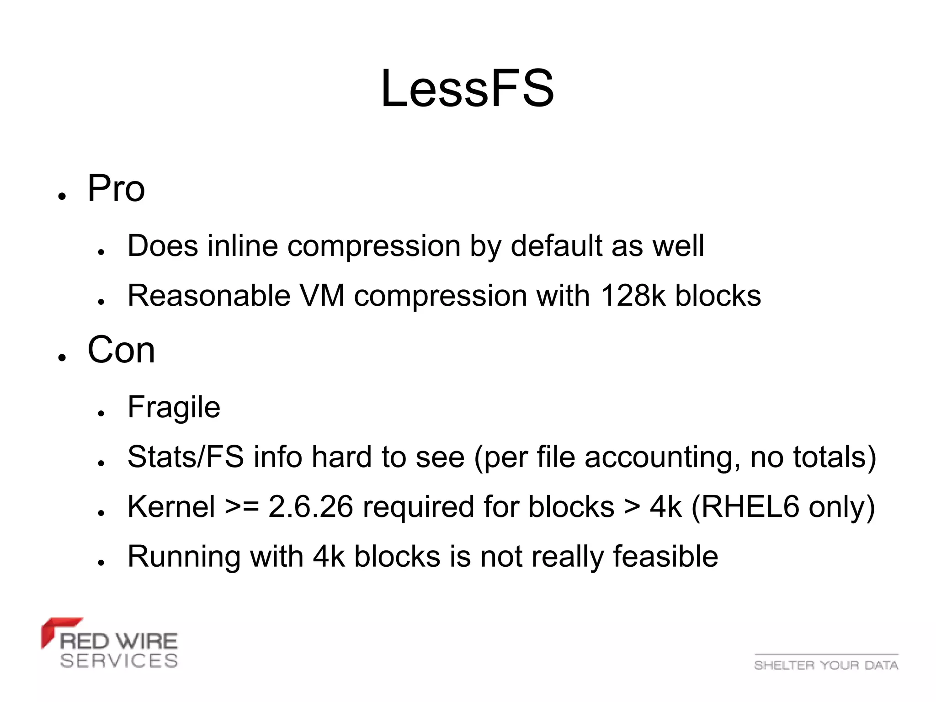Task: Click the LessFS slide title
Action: click(x=468, y=88)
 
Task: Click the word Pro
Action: click(x=116, y=188)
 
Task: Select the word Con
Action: click(x=121, y=350)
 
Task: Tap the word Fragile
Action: click(x=174, y=407)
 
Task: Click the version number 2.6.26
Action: click(x=311, y=507)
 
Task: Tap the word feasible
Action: click(x=665, y=557)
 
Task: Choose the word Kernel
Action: click(x=171, y=507)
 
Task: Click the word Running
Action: click(x=184, y=557)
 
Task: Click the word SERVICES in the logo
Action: click(x=119, y=661)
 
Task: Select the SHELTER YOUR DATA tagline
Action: click(x=826, y=665)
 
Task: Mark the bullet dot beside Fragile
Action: click(x=101, y=413)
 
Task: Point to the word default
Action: click(x=556, y=246)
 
